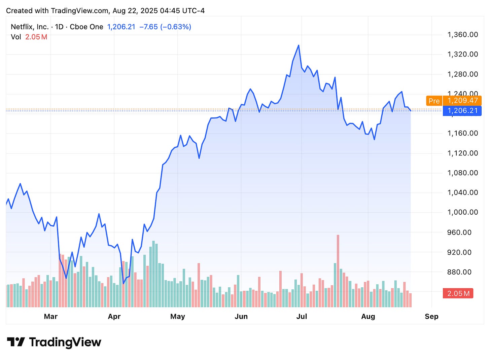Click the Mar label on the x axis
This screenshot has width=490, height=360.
tap(51, 317)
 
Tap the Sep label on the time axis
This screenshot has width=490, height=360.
tap(431, 317)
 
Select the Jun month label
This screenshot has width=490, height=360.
tap(241, 317)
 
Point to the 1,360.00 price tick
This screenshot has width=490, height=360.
tap(462, 35)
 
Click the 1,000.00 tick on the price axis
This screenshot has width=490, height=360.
tap(462, 212)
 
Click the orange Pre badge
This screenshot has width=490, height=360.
tap(434, 101)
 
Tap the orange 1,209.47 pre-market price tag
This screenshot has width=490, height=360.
tap(462, 101)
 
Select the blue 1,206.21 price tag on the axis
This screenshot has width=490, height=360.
tap(462, 111)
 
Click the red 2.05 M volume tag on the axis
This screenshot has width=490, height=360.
tap(458, 293)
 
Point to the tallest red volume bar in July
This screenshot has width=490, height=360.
tap(338, 269)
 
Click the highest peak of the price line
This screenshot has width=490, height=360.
tap(299, 45)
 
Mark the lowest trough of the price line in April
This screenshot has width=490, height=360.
tap(124, 283)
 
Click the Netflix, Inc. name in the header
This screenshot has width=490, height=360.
tap(30, 27)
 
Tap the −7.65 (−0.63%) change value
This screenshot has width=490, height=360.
tap(165, 27)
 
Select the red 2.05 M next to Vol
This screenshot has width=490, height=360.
tap(36, 37)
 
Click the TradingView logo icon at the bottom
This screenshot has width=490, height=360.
tap(16, 342)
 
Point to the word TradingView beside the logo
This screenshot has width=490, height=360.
tap(65, 342)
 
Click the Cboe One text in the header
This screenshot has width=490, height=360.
tap(86, 27)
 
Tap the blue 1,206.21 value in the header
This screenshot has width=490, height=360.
tap(121, 27)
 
